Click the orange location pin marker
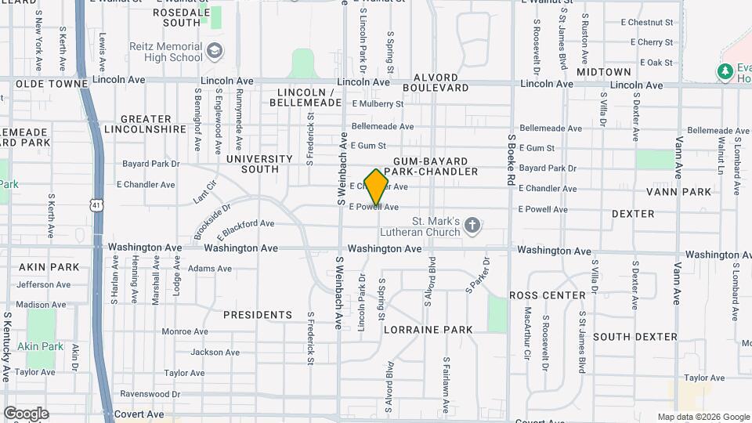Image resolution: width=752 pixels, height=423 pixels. (377, 186)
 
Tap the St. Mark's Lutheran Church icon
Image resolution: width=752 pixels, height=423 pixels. (472, 226)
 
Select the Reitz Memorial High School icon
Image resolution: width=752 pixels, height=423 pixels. (215, 52)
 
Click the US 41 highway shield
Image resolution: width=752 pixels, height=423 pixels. (95, 205)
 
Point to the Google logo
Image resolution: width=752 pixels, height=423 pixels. (26, 414)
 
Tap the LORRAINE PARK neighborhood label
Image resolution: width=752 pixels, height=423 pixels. (428, 330)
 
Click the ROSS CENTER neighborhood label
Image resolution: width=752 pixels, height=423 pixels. (548, 295)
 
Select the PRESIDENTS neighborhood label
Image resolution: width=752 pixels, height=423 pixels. (257, 315)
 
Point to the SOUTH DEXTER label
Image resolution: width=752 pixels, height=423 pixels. (634, 336)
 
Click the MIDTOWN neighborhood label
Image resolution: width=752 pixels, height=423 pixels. (603, 71)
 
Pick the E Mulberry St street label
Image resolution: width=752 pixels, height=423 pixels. (378, 103)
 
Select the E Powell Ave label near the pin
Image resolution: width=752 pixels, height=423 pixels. (379, 207)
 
